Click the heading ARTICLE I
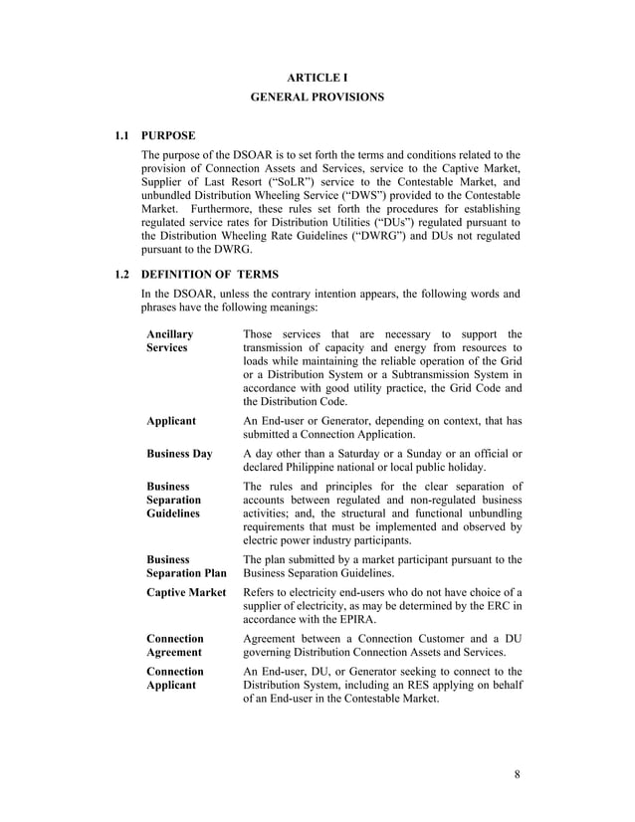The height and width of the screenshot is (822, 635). (317, 78)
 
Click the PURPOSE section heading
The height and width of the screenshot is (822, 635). (168, 134)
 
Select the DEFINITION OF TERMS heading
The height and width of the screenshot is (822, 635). (210, 274)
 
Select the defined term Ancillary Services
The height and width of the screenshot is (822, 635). (170, 341)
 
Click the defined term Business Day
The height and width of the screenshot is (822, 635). (179, 454)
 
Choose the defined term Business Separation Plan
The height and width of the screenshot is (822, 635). (186, 567)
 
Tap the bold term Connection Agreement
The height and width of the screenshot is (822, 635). (175, 645)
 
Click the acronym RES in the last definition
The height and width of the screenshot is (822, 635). (383, 686)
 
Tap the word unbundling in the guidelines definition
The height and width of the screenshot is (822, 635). (487, 514)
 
